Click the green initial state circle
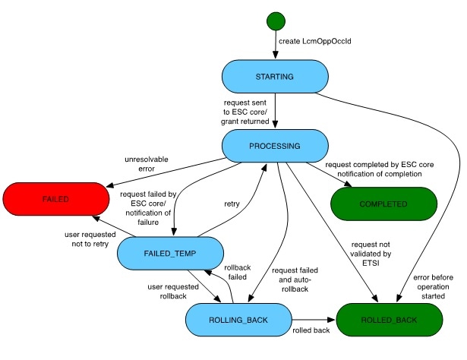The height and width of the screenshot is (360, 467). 275,20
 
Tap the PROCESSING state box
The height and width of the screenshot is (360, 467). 274,145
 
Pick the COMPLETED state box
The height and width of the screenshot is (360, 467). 385,204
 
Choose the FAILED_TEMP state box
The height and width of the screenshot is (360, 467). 171,253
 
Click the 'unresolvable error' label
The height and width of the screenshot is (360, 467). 147,164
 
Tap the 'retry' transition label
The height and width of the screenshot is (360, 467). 232,203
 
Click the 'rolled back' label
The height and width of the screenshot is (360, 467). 311,332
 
